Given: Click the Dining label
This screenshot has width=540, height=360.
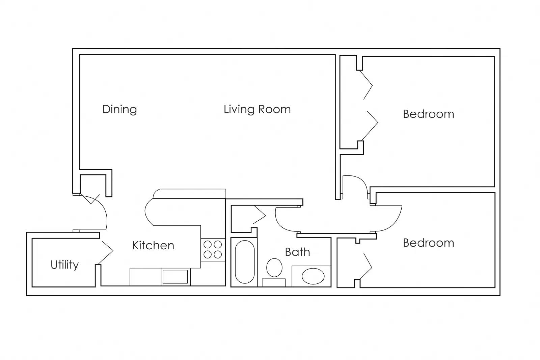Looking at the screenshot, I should [x=119, y=110].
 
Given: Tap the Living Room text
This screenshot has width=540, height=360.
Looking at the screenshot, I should [x=257, y=109].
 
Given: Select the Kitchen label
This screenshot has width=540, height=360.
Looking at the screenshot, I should [x=153, y=245].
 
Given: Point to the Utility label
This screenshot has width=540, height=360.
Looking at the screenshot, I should [x=64, y=265].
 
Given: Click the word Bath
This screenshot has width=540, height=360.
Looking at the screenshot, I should [x=297, y=252].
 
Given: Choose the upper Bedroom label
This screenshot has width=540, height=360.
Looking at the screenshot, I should [x=428, y=114].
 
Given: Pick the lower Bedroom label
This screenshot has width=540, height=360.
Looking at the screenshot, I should [x=428, y=243].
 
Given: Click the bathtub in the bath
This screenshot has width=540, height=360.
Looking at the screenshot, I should [x=245, y=262].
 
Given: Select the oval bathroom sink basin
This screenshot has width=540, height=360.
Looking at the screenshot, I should [x=313, y=276].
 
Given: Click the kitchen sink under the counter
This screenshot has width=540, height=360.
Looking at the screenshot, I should [x=175, y=277].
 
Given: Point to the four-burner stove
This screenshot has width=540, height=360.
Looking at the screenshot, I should [x=213, y=249].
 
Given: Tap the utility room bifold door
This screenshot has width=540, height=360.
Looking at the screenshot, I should [x=106, y=251].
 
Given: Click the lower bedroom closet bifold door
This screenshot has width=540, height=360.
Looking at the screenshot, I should [x=367, y=267].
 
